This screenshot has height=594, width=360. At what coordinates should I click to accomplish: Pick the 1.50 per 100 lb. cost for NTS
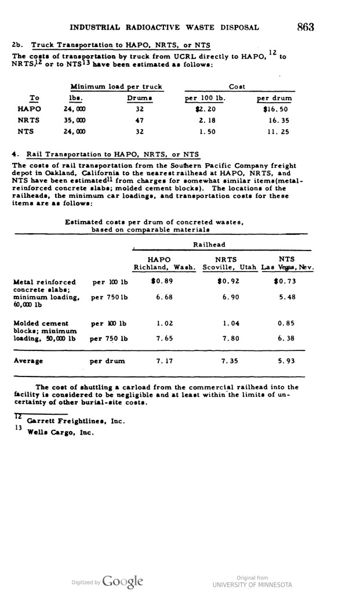pos(205,131)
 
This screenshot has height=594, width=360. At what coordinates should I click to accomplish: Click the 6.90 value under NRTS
pos(227,297)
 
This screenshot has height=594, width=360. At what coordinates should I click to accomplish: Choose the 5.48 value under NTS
pos(286,297)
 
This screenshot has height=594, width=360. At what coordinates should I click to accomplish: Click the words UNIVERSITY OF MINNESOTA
pos(252,584)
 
